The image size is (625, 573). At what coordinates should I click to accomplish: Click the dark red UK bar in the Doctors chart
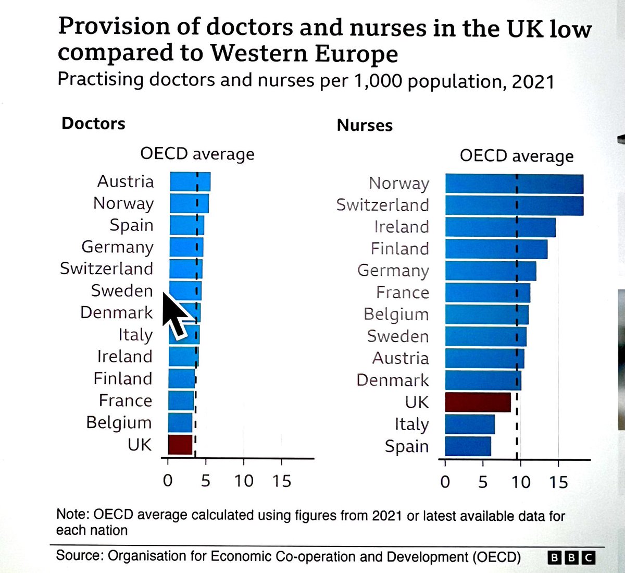pos(180,444)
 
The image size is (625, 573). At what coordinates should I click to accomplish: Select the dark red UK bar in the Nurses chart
pos(478,402)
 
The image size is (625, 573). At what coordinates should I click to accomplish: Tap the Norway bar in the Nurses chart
pos(514,184)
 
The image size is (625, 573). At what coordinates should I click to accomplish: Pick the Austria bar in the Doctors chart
pos(190,181)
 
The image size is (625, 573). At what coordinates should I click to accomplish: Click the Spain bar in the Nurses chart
pos(468,446)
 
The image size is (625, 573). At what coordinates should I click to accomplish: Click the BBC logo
pos(571,558)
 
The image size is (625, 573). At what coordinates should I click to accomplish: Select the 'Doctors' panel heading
pos(93,124)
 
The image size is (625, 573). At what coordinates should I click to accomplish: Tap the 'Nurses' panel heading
pos(365,125)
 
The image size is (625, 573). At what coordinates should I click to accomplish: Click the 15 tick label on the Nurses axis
pos(558,481)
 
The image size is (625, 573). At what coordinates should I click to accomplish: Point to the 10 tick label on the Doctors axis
pos(243,480)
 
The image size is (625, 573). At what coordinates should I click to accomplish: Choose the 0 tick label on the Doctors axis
pos(168,480)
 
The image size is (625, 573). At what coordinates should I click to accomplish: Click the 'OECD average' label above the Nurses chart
pos(516,156)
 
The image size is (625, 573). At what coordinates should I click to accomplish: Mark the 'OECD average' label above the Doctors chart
pos(197,154)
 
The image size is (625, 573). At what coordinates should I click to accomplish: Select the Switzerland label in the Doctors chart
pos(106,269)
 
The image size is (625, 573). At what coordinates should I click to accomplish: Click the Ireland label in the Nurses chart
pos(401,227)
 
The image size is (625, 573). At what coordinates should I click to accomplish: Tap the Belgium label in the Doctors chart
pos(119,422)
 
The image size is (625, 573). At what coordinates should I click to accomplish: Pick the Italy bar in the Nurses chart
pos(470,424)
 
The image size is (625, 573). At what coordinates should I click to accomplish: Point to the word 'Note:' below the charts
pos(73,515)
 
